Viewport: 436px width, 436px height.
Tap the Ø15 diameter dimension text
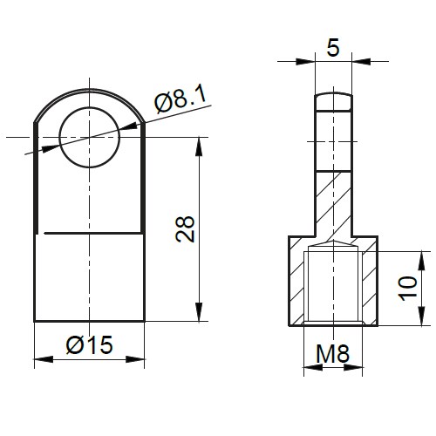point(89,344)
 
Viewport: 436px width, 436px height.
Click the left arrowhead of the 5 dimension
point(307,61)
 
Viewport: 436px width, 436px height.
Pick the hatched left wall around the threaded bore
point(296,283)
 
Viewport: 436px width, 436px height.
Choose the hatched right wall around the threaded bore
point(368,283)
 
